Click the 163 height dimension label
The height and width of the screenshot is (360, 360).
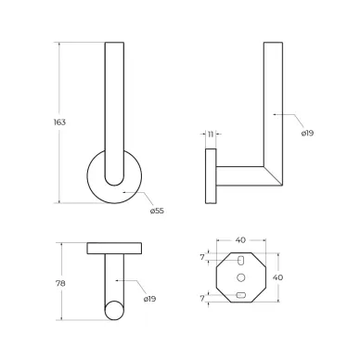click(x=59, y=122)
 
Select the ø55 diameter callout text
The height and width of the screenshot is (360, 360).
click(x=157, y=211)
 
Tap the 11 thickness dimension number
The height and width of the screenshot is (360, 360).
click(x=211, y=134)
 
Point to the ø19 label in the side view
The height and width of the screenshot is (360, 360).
click(x=307, y=133)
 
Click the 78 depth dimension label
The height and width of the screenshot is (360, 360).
click(x=60, y=283)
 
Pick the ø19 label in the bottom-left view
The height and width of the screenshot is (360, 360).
click(x=149, y=299)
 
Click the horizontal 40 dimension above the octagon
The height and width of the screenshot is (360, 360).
click(x=240, y=240)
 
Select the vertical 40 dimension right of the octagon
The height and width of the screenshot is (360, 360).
click(x=277, y=277)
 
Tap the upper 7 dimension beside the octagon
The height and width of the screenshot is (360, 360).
click(x=202, y=257)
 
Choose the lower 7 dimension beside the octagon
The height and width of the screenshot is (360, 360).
click(x=202, y=299)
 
